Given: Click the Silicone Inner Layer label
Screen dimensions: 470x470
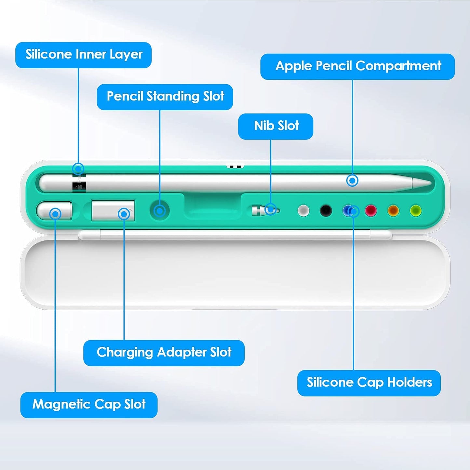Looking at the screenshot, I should pyautogui.click(x=84, y=55).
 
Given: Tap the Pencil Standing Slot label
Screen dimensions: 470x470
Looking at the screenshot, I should pyautogui.click(x=165, y=97).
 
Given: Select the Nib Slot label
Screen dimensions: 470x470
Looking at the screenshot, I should pyautogui.click(x=276, y=126).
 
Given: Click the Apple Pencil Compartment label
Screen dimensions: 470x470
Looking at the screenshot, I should pyautogui.click(x=357, y=66).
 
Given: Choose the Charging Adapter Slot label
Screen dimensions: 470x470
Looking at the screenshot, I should pyautogui.click(x=164, y=353).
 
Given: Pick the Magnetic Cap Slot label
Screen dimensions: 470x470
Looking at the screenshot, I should pyautogui.click(x=89, y=405).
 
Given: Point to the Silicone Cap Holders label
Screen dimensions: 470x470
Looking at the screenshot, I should pyautogui.click(x=369, y=383).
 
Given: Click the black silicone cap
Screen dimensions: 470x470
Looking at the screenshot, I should pyautogui.click(x=326, y=210).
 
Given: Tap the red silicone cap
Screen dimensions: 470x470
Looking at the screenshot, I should pyautogui.click(x=371, y=210).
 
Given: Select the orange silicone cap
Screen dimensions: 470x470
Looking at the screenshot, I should pyautogui.click(x=393, y=210).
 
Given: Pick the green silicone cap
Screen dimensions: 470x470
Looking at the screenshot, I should pyautogui.click(x=416, y=210).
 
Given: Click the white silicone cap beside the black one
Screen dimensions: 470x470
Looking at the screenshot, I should pyautogui.click(x=303, y=210).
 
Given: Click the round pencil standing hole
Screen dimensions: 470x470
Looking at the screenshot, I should pyautogui.click(x=160, y=211).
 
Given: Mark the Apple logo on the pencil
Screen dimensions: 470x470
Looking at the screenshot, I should pyautogui.click(x=79, y=187).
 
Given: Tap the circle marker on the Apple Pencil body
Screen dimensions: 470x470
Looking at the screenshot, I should pyautogui.click(x=352, y=181).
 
